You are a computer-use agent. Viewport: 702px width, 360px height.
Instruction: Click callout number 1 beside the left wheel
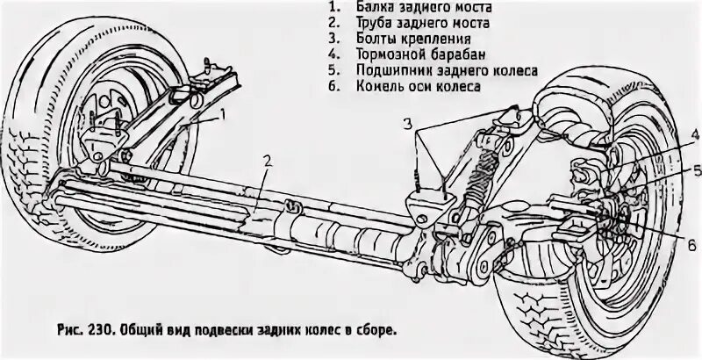[x=224, y=113]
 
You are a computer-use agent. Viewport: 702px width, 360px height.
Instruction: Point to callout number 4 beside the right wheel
[x=693, y=133]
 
